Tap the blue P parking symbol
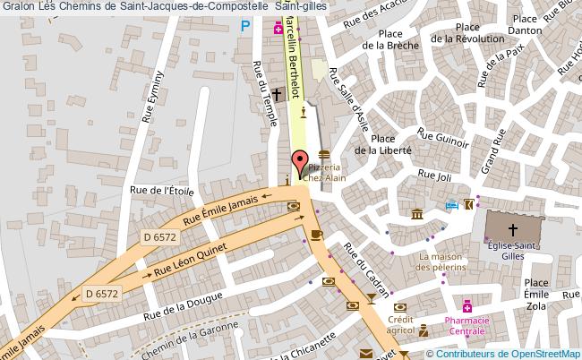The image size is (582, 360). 246,27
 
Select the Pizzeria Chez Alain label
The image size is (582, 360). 323,173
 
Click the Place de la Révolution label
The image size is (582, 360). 466,33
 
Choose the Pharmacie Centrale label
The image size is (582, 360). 466,325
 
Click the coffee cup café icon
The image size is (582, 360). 316,235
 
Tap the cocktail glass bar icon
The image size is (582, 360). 371,296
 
